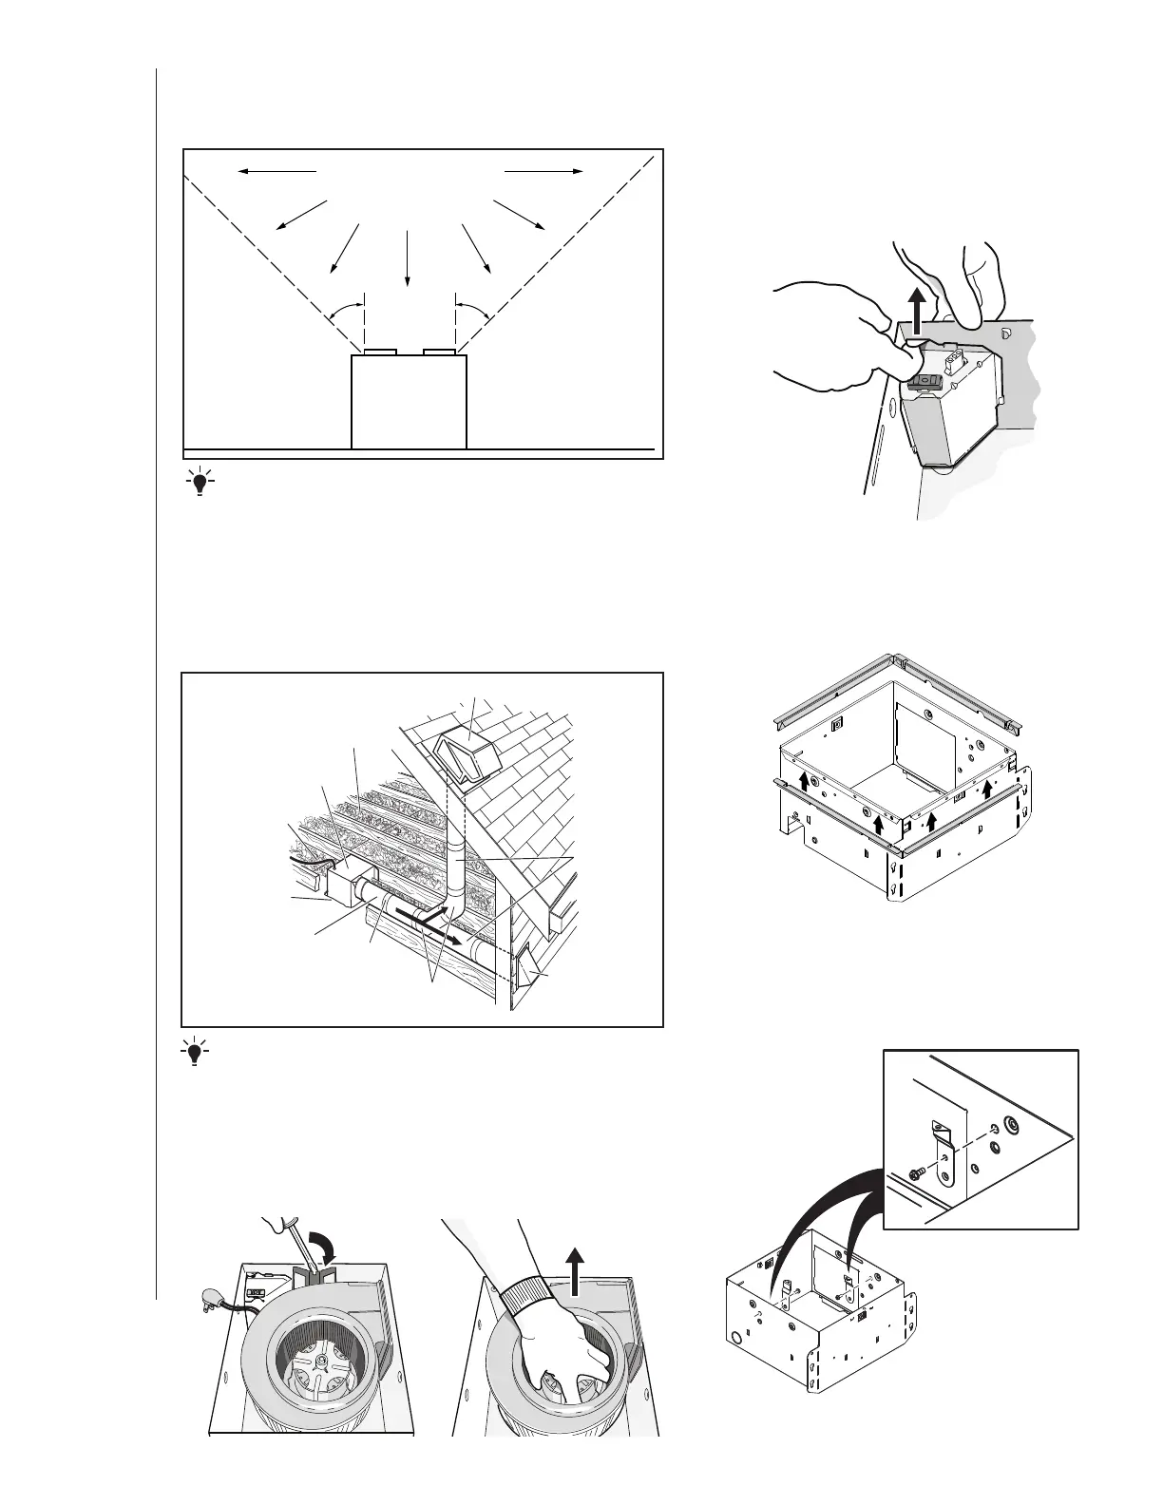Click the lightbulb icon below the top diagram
click(200, 482)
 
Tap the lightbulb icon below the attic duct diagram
click(196, 1053)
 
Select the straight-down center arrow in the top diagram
click(408, 257)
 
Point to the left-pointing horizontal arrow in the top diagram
click(276, 171)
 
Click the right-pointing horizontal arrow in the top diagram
click(543, 171)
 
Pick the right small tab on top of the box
click(439, 352)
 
